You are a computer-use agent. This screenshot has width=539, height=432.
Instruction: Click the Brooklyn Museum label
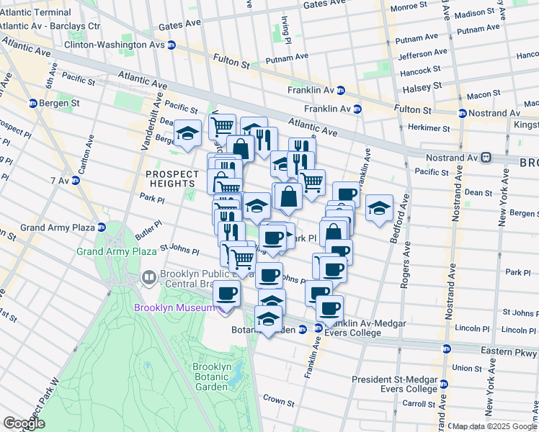click(x=174, y=308)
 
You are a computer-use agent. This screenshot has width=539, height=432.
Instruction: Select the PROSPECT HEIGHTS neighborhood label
click(x=171, y=180)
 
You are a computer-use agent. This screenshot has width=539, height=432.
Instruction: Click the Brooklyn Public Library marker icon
click(x=149, y=276)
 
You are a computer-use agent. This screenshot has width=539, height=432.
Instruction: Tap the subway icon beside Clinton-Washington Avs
click(x=172, y=45)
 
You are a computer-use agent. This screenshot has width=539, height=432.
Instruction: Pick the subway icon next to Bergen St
click(x=33, y=104)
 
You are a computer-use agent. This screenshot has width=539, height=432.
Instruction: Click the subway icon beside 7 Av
click(x=76, y=180)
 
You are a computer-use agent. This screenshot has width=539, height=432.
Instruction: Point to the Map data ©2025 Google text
click(x=494, y=426)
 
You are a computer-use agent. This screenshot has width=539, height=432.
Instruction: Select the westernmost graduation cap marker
click(x=187, y=134)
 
